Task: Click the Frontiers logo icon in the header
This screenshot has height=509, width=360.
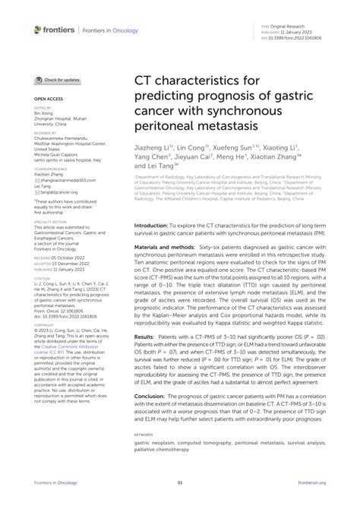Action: click(x=38, y=30)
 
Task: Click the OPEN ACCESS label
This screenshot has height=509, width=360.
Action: click(x=47, y=99)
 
